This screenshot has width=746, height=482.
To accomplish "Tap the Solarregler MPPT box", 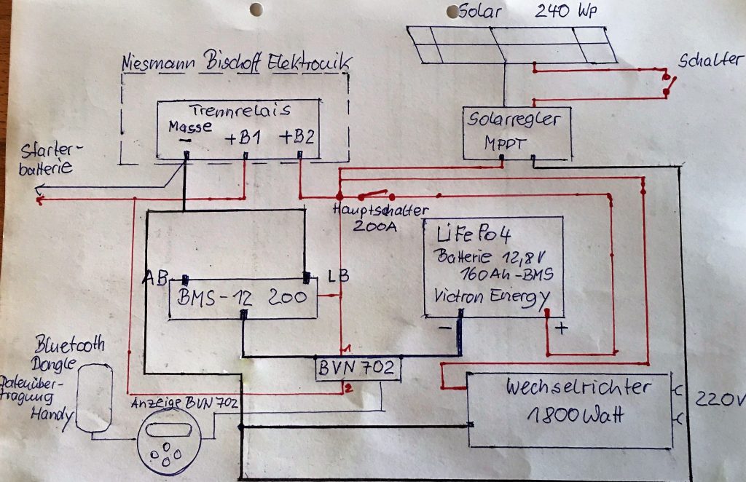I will click(517, 132).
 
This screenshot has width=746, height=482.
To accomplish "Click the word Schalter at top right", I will click(709, 60).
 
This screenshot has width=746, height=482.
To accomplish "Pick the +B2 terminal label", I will click(299, 137).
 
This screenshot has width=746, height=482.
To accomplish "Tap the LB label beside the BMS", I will click(337, 277).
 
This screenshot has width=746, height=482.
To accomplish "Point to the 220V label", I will click(720, 399).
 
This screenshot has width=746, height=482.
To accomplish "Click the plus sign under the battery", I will click(561, 328).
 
